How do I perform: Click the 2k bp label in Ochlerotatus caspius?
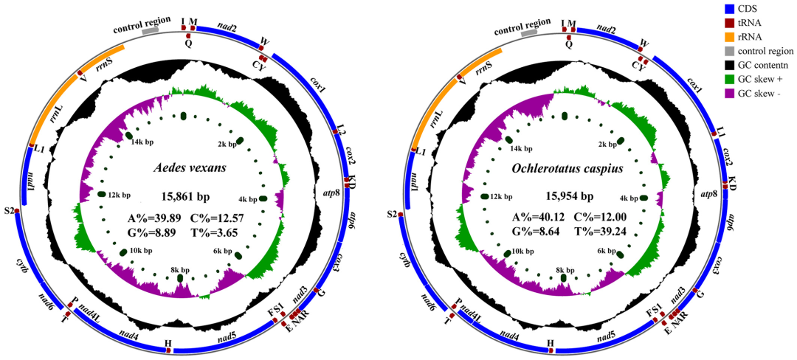607,145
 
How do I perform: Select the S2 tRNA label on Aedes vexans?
9,211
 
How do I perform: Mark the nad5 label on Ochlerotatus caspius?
607,336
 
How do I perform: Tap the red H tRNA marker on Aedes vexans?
168,350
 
